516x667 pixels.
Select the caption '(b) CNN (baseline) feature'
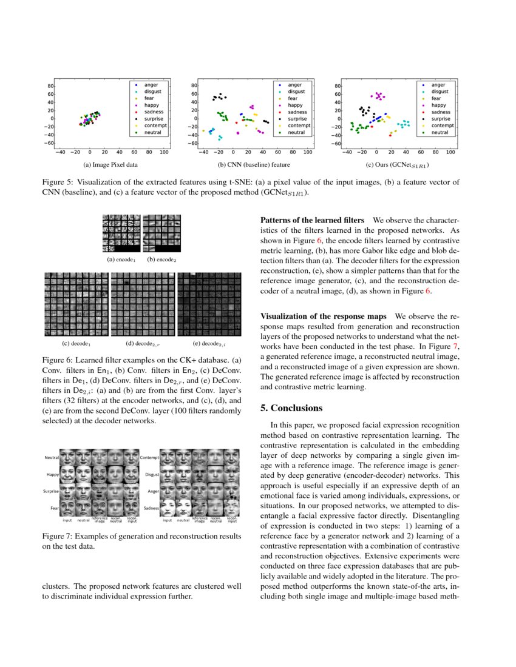pyautogui.click(x=254, y=164)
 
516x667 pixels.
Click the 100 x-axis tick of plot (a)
pyautogui.click(x=164, y=153)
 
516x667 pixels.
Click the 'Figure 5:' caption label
pyautogui.click(x=58, y=182)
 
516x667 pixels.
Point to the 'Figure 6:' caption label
pyautogui.click(x=58, y=360)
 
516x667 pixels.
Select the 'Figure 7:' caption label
pyautogui.click(x=58, y=537)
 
